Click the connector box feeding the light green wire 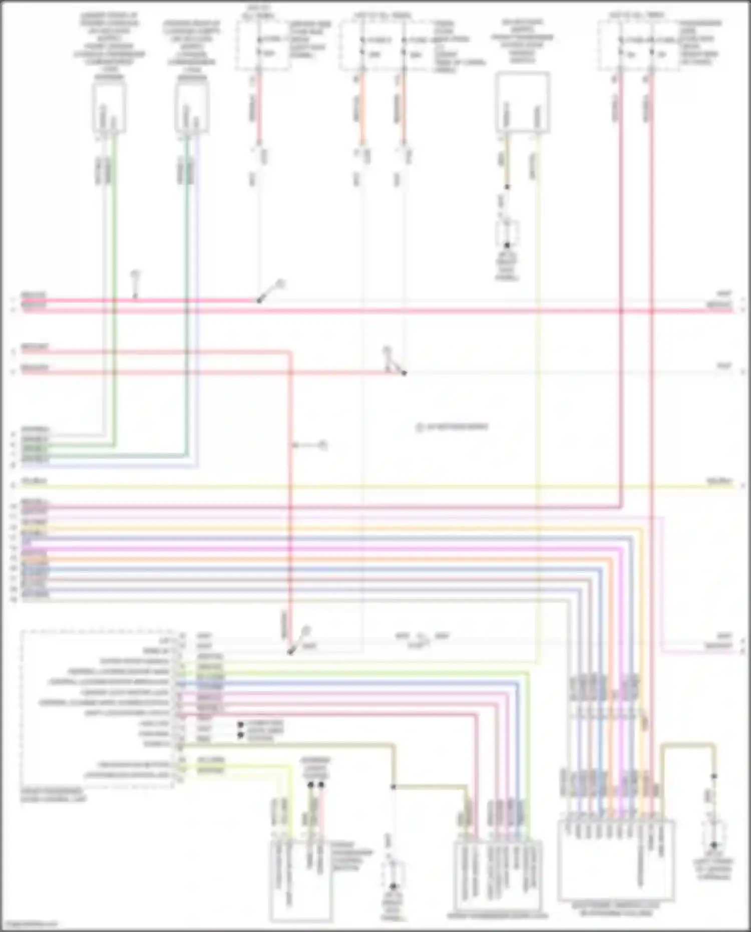(x=109, y=108)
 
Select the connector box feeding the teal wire (x=192, y=108)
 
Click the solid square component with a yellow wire (x=522, y=103)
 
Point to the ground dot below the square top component (x=507, y=245)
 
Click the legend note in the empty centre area (x=452, y=427)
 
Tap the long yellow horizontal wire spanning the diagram (x=375, y=486)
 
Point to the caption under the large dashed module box (x=53, y=794)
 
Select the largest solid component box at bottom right (x=616, y=859)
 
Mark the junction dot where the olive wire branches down (x=394, y=787)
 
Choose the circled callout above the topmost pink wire (x=135, y=274)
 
